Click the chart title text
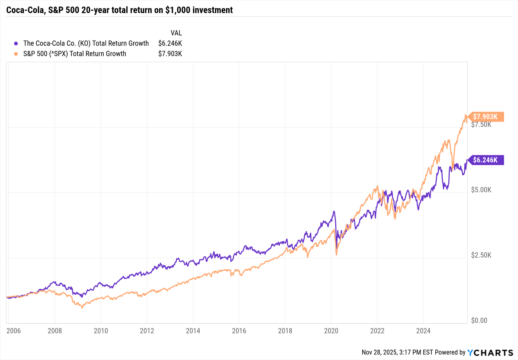pos(119,10)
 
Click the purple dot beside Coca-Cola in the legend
pos(16,43)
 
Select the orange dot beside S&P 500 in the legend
pos(16,54)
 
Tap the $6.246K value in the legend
pos(170,43)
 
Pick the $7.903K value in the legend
pos(170,54)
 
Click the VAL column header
pos(176,33)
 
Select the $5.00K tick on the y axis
pos(481,190)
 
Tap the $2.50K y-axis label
pos(481,255)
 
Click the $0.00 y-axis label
pos(479,320)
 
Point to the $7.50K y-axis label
pos(481,125)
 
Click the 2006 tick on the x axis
pos(13,331)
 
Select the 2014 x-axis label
pos(193,331)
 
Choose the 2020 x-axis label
pos(331,331)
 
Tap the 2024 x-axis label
pos(423,331)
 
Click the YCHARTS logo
pos(490,353)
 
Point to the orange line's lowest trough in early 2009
pos(82,308)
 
